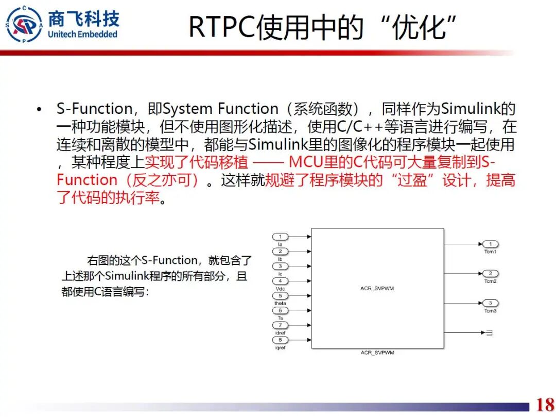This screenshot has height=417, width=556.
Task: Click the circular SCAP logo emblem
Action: coord(24,24)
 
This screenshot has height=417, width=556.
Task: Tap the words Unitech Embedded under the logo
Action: coord(82,35)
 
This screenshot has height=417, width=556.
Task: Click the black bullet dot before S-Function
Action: coord(39,110)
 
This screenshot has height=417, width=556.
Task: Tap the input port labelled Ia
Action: coord(281,237)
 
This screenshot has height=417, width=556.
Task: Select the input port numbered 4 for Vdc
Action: coord(281,281)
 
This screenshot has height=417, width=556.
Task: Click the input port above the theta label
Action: coord(281,296)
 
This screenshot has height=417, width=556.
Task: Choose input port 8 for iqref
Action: coord(281,340)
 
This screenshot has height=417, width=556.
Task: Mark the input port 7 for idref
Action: coord(281,325)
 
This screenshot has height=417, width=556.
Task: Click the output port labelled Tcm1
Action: coord(490,244)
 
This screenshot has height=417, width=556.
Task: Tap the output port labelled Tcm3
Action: coord(490,303)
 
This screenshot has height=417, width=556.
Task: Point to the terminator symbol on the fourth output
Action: coord(489,333)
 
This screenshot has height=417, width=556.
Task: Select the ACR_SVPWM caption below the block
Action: coord(377,353)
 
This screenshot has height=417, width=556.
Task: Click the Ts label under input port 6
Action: coord(281,318)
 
